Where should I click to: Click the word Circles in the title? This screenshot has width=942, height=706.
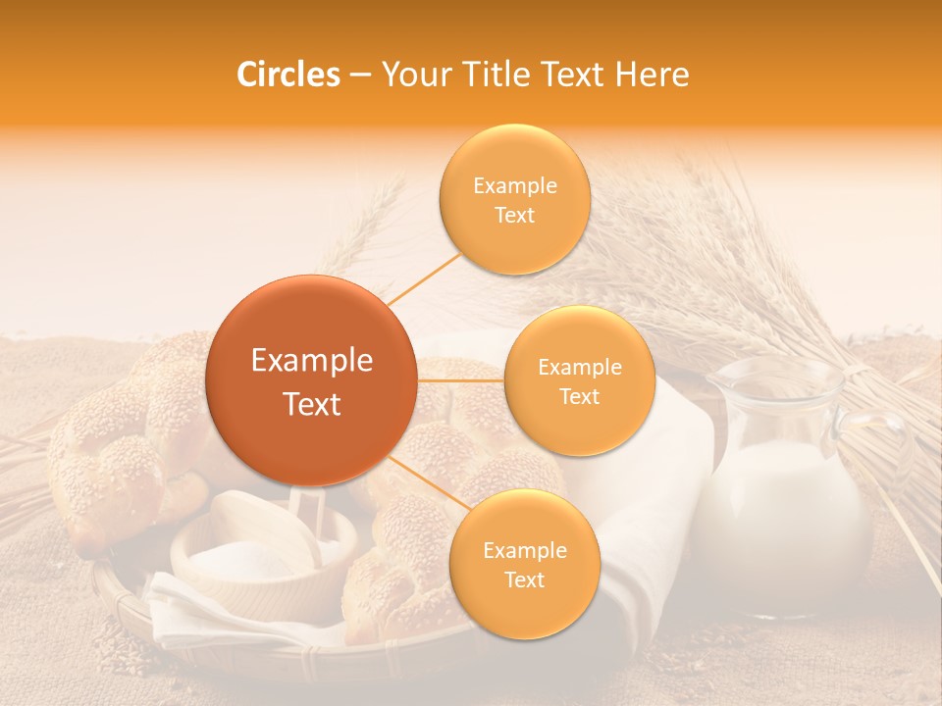[288, 75]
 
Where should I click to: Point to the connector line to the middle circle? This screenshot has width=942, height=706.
[460, 380]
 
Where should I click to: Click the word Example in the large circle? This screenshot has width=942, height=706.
[311, 361]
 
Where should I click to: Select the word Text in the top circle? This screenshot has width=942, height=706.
[514, 215]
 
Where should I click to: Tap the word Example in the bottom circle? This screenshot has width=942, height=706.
[524, 551]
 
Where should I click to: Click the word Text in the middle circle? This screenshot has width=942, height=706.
[579, 396]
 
